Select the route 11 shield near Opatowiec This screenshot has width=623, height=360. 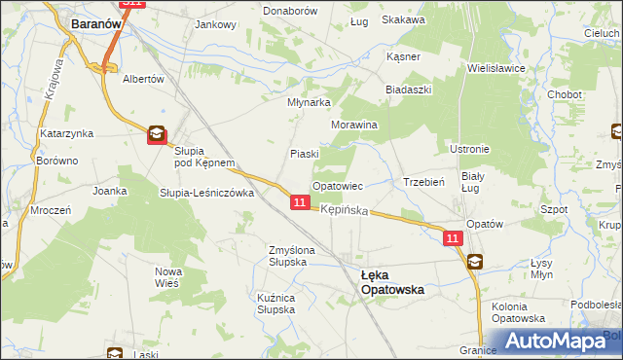coord(300,202)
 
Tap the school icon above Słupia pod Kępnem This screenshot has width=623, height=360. coord(157,136)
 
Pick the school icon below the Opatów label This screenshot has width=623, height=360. coord(474,261)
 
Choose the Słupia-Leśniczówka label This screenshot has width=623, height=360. coord(206,193)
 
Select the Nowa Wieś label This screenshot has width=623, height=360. coord(168,277)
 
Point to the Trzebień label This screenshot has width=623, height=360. coord(423,182)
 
